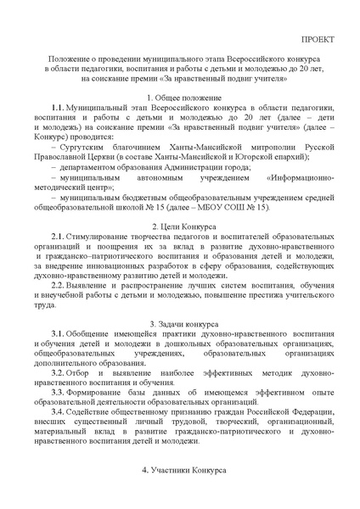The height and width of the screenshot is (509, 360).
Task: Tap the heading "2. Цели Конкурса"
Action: (x=180, y=228)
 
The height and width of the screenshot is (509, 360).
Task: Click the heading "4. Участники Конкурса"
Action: (x=180, y=469)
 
